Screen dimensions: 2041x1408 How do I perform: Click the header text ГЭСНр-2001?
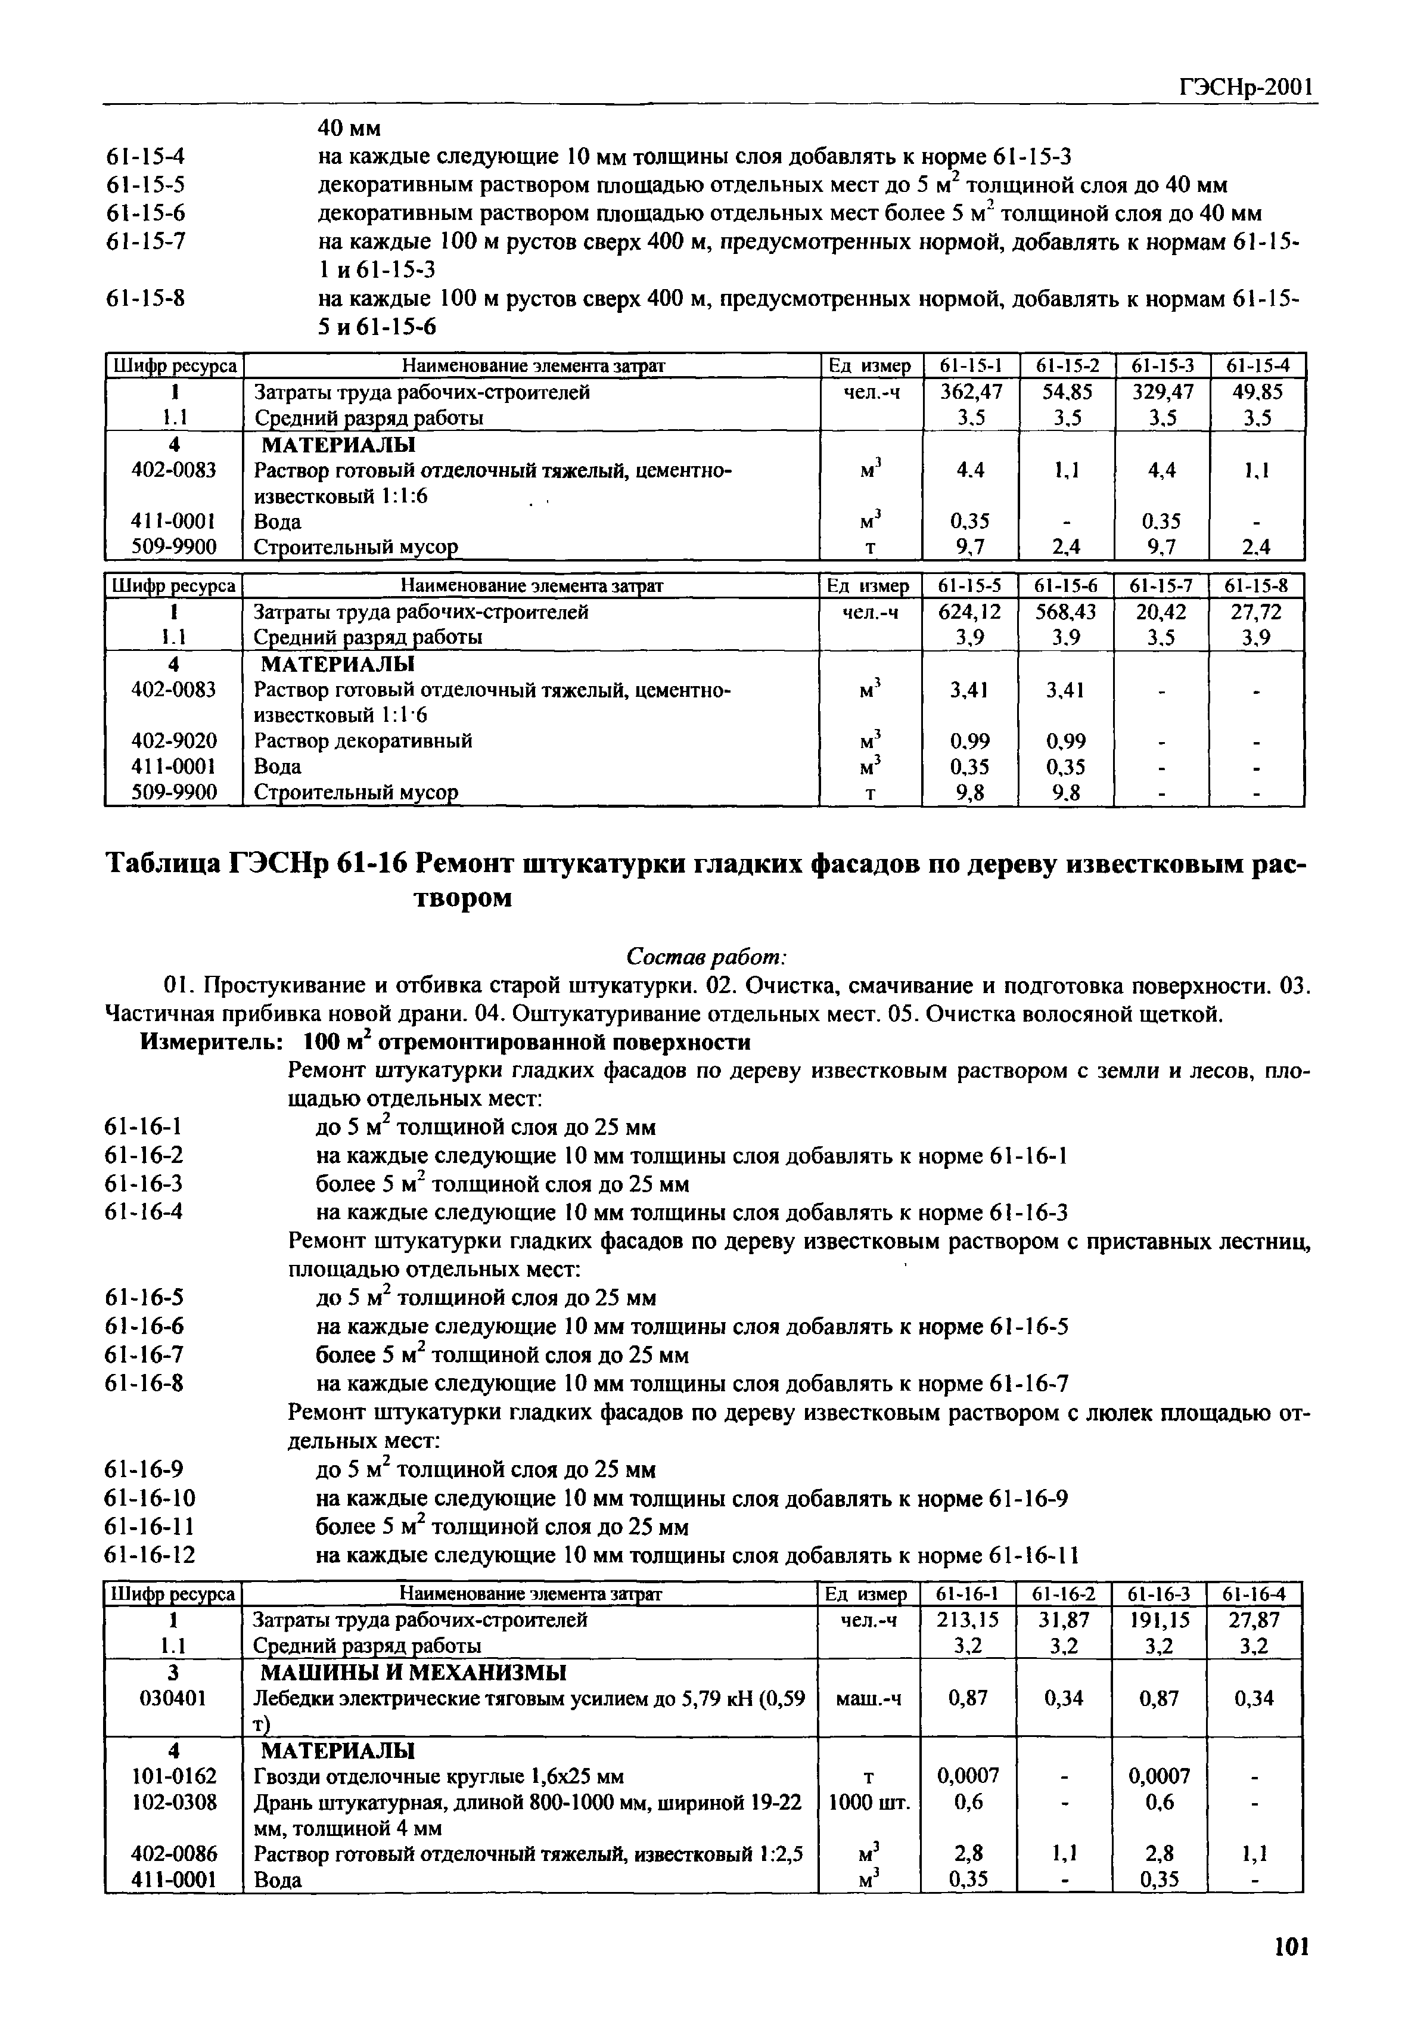(x=1247, y=88)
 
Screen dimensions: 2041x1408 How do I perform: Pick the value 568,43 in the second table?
(x=1066, y=612)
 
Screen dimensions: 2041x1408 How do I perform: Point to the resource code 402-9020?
(x=174, y=740)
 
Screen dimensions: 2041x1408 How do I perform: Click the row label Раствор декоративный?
(x=363, y=740)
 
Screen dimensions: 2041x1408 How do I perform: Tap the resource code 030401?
(x=174, y=1698)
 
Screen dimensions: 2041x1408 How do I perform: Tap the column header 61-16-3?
(x=1158, y=1593)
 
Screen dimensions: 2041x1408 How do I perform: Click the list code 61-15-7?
(x=145, y=242)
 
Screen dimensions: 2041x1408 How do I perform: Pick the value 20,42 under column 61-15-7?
(x=1161, y=612)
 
